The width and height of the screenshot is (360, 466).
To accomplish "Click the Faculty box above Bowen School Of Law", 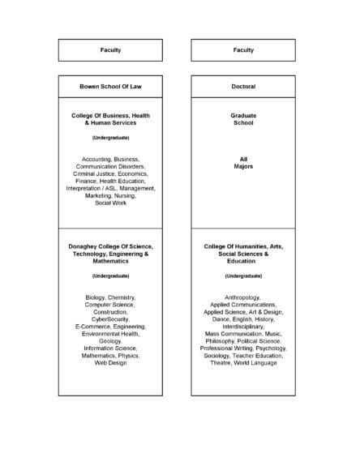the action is [110, 50].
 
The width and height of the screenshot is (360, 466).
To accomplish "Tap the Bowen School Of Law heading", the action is [110, 86].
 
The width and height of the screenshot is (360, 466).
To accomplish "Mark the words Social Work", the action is [110, 203].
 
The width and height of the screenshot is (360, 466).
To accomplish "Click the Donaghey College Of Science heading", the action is [110, 246].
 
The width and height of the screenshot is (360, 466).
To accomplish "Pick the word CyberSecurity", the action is [110, 319].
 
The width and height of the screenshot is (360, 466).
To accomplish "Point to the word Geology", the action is [110, 341].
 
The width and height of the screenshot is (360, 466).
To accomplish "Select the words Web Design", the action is [110, 363].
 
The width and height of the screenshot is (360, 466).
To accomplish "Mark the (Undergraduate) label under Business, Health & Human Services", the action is [110, 138].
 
